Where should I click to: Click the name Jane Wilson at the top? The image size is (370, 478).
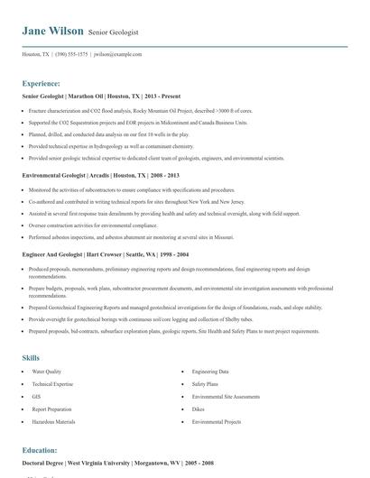coord(52,31)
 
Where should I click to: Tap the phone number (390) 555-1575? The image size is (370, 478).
coord(72,54)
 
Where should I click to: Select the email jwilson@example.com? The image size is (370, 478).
coord(118,54)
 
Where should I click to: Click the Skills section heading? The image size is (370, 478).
coord(31,357)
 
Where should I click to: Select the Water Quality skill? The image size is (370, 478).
coord(47,372)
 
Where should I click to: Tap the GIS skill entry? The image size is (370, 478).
coord(37,396)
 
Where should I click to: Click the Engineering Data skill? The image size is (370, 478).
coord(210,372)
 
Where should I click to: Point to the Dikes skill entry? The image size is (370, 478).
coord(199,409)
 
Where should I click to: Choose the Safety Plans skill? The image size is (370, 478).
coord(205,383)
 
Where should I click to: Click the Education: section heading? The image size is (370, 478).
coord(40,449)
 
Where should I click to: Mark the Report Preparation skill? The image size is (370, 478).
coord(51,409)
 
